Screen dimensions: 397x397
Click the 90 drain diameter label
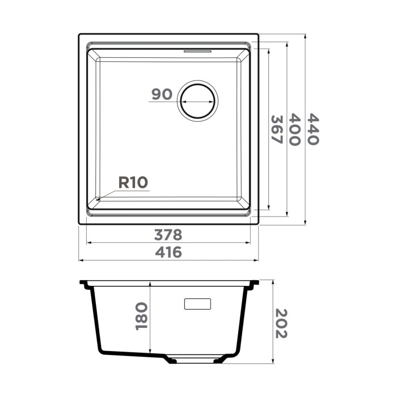click(x=162, y=94)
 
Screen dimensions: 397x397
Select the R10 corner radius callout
click(x=133, y=182)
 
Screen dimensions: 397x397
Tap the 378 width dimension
click(x=169, y=234)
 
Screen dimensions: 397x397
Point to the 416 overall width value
click(x=169, y=252)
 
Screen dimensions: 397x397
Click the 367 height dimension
click(x=276, y=130)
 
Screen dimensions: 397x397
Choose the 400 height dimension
click(x=294, y=130)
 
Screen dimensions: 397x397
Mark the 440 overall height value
click(x=313, y=130)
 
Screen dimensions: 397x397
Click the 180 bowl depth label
click(x=141, y=316)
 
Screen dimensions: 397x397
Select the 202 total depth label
click(x=281, y=323)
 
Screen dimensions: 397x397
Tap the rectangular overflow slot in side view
click(x=197, y=303)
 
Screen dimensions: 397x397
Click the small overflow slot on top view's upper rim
click(x=198, y=50)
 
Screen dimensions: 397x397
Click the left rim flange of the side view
click(x=86, y=283)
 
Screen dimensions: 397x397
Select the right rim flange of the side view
click(x=254, y=283)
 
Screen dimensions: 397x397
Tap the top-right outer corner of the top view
click(x=258, y=35)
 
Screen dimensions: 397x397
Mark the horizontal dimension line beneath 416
click(x=169, y=261)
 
